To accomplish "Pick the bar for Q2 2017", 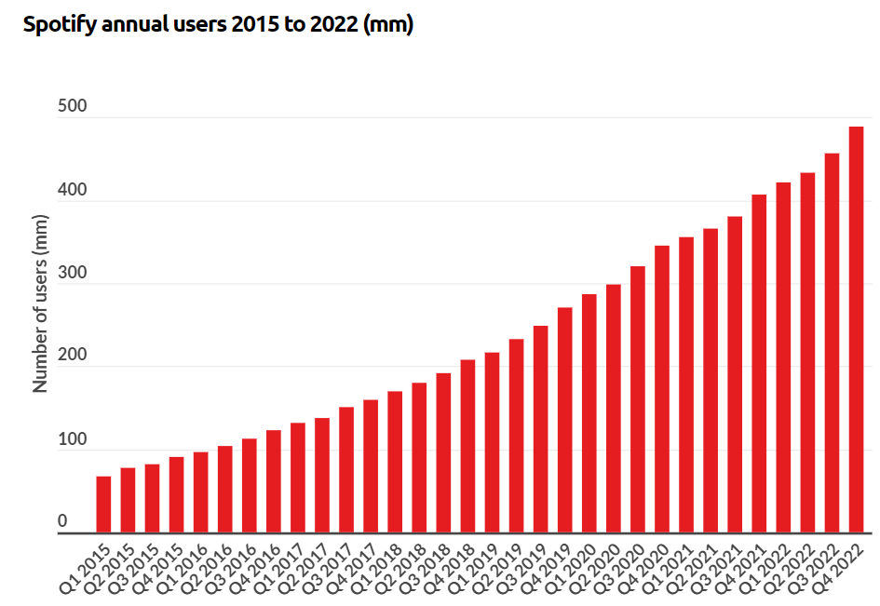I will point(322,476).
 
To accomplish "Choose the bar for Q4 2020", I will point(662,390).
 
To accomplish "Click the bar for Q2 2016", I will point(224,490).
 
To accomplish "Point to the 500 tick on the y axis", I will point(73,107).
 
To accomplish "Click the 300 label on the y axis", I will point(73,273).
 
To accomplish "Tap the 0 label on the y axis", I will point(63,522).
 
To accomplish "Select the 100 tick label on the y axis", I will point(73,439).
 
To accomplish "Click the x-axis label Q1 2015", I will point(89,564).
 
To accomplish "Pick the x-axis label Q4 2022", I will point(842,564).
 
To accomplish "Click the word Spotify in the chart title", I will point(57,25).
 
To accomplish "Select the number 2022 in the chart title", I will point(332,25).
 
